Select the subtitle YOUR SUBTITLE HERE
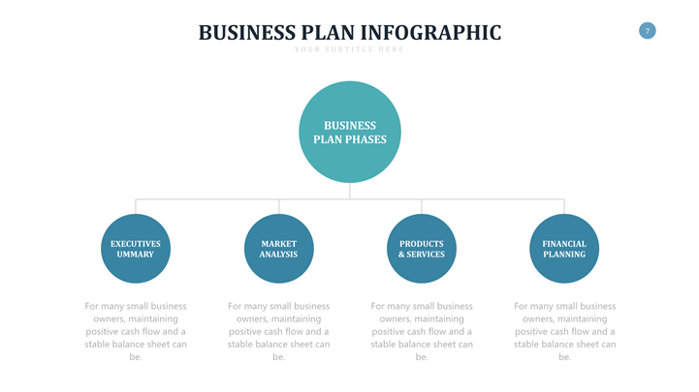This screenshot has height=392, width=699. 349,49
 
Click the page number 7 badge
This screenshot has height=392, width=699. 648,31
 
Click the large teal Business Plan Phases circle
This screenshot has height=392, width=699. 349,133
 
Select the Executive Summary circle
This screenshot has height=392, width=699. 136,249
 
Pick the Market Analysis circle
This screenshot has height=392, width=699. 278,249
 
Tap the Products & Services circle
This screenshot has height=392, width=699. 421,249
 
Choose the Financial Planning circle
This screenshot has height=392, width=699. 564,249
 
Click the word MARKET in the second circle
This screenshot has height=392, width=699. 278,244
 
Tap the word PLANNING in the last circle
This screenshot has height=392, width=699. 564,255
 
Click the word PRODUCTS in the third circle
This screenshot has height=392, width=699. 421,244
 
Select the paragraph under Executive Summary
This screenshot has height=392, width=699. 136,331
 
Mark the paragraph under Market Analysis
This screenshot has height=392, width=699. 278,331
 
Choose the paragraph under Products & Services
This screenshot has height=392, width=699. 422,331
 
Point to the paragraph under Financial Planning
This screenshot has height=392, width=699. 564,331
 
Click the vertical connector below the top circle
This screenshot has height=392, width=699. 350,192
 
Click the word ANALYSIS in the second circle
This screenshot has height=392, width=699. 278,255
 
